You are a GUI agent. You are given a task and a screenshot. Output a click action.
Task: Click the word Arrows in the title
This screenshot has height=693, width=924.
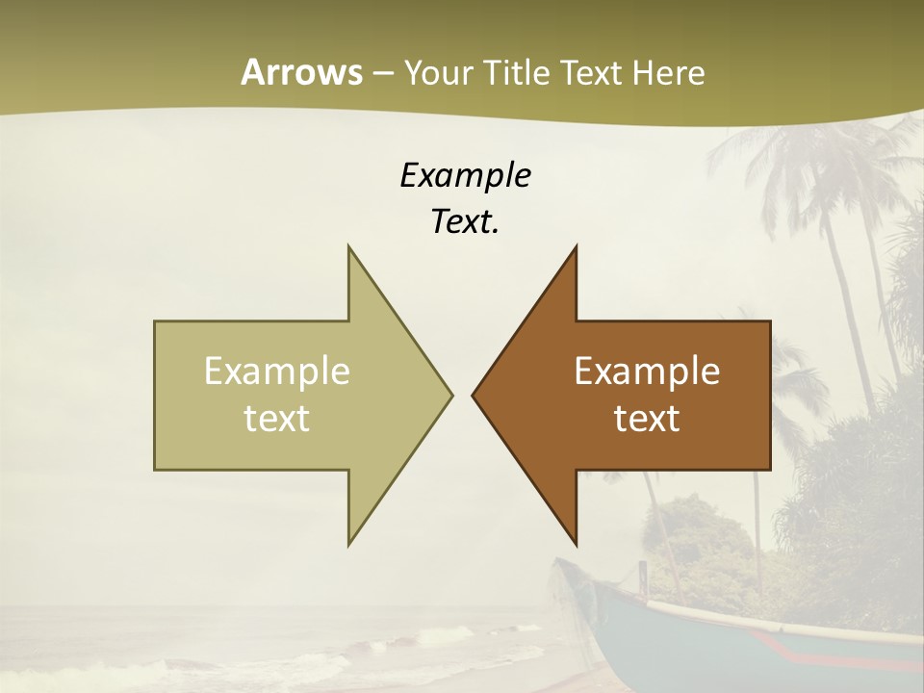point(301,72)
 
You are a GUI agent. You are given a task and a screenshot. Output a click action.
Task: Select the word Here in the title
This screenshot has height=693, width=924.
point(668,72)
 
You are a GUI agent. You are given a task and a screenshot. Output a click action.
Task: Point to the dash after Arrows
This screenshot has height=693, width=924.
point(382,73)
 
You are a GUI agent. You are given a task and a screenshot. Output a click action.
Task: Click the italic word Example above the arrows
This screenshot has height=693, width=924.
point(465,175)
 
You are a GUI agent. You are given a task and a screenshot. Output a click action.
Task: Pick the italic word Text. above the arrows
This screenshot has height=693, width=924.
point(465,221)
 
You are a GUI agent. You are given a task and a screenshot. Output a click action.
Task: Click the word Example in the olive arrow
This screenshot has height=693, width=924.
point(276,372)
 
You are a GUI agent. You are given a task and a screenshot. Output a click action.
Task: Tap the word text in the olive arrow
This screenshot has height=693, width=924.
point(276,419)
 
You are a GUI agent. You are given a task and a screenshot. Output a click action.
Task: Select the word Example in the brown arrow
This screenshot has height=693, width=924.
point(647,372)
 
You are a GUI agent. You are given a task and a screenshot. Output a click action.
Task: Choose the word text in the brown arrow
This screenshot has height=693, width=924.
point(647,419)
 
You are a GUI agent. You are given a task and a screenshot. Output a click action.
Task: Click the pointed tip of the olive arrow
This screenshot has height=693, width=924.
point(450,395)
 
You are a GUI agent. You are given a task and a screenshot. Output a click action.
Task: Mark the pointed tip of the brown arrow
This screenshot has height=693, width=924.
point(474,395)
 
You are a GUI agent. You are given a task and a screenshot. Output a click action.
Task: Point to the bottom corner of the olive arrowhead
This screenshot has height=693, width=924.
point(349,543)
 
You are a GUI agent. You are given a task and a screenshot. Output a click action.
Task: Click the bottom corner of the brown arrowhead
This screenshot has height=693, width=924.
point(575,543)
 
